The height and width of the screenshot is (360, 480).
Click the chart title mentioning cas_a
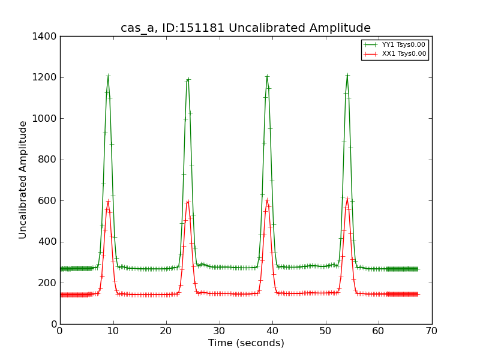[245, 28]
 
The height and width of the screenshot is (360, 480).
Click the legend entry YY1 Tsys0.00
[404, 44]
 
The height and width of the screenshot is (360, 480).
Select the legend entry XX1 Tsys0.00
[404, 54]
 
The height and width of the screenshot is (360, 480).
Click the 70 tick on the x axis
[431, 331]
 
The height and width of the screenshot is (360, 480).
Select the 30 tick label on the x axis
[219, 331]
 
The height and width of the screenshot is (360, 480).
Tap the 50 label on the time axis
[325, 331]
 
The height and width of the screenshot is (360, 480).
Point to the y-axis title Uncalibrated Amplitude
[23, 180]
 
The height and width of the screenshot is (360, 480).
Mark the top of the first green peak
[108, 76]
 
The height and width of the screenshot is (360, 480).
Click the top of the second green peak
[188, 79]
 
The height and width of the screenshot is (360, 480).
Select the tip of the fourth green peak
[347, 75]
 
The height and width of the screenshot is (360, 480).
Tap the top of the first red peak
[108, 201]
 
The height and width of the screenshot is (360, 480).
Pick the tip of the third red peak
[267, 199]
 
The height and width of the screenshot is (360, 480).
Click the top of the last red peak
[347, 199]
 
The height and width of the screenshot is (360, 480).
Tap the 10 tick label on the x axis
[113, 331]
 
